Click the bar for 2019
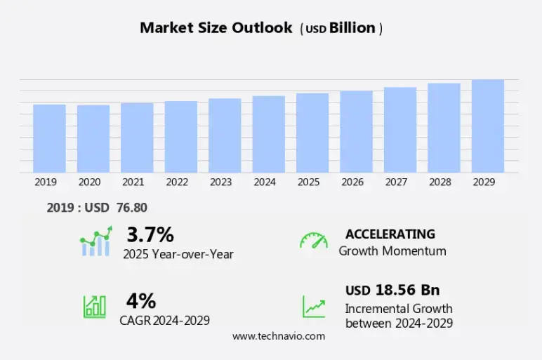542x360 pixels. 49,138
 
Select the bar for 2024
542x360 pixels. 269,134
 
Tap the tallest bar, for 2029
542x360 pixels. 488,126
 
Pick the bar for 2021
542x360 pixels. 137,138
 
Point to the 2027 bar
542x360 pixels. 400,130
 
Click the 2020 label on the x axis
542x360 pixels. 89,182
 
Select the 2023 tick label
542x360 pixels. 220,182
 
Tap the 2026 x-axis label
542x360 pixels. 352,182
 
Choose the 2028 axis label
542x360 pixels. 440,182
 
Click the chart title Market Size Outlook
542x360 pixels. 216,28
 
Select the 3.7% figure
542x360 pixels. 150,234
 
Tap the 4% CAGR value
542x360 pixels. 141,301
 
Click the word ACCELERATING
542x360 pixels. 390,234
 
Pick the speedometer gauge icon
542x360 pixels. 314,240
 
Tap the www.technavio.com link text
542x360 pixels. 279,336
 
